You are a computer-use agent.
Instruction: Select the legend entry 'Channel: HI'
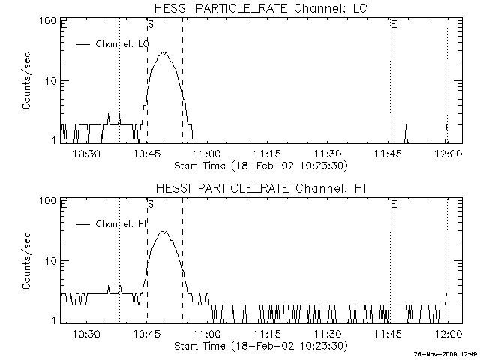click(x=120, y=224)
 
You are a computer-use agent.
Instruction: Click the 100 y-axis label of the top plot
click(x=49, y=20)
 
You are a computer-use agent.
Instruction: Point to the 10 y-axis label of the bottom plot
click(x=51, y=261)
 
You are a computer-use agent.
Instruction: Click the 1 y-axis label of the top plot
click(x=54, y=140)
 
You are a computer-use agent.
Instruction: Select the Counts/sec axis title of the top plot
click(x=27, y=81)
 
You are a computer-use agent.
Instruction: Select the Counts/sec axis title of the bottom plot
click(x=27, y=261)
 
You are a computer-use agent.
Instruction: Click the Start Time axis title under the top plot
click(x=259, y=165)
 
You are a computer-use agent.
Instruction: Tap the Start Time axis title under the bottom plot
click(x=259, y=346)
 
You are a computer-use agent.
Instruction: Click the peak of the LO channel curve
click(x=164, y=52)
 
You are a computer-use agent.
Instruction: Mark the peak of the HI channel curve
click(x=163, y=232)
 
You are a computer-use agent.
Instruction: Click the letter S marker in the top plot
click(x=151, y=25)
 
